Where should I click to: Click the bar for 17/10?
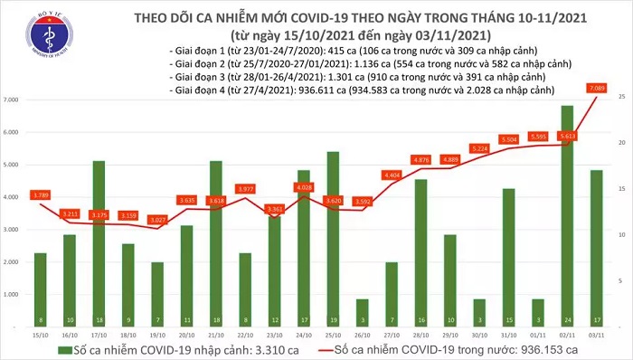coord(99,244)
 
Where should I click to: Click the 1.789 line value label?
coord(41,194)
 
